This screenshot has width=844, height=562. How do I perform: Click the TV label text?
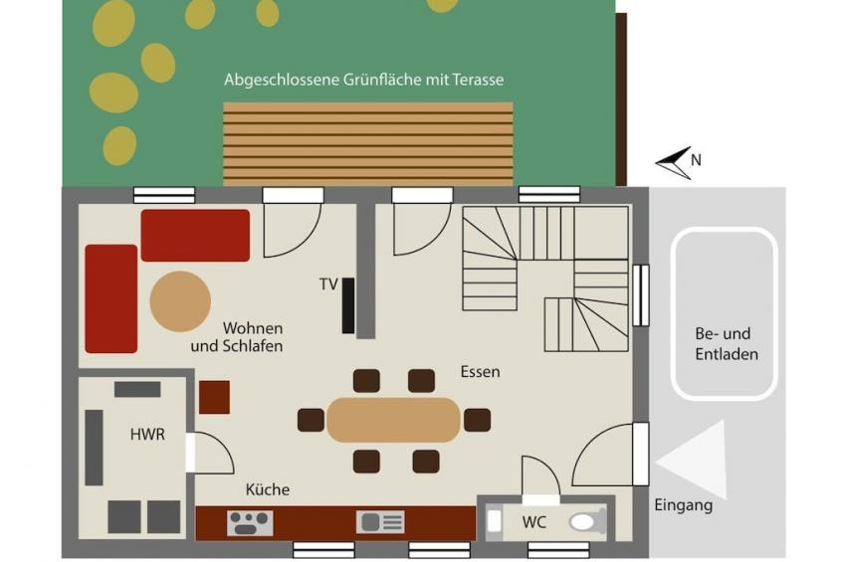pos(328,283)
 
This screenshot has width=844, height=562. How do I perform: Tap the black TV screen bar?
pos(348,305)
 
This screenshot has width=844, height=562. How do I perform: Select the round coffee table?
pos(180,301)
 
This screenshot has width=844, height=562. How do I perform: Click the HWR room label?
pos(147,434)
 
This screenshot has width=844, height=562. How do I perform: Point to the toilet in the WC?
pos(583,521)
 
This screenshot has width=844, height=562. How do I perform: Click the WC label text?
pos(533,521)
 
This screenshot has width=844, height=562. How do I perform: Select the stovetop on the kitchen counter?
pos(250,523)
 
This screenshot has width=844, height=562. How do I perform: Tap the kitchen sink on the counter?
pos(380,522)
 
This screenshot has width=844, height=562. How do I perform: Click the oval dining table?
pos(393,420)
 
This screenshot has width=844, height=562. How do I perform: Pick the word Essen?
pos(480,372)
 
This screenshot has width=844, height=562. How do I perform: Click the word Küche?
pos(268,489)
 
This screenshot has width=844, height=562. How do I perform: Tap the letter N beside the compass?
pos(696,160)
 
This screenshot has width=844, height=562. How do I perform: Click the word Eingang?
pos(684,505)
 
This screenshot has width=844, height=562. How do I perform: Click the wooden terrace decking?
pos(368,144)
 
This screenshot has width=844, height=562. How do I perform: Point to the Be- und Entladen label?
pos(727,343)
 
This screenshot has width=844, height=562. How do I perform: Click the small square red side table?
pos(214,398)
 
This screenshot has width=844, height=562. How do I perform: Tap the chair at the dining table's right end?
pos(477,420)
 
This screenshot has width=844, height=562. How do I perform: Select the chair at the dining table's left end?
pos(312,420)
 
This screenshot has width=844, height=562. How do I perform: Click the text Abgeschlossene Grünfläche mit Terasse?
pos(364,80)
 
